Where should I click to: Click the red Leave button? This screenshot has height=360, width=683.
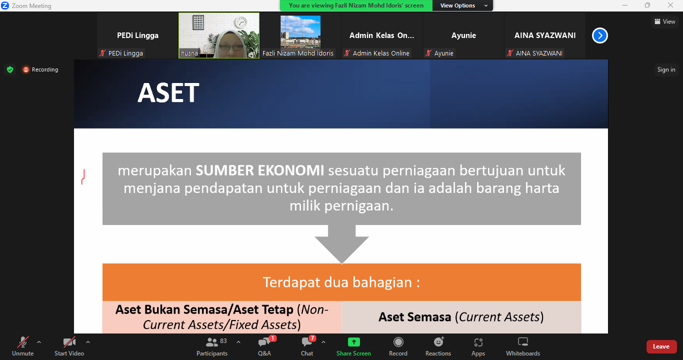[x=661, y=346]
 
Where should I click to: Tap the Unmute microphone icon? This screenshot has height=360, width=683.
[x=23, y=342]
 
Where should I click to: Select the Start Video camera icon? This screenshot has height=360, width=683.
[x=69, y=342]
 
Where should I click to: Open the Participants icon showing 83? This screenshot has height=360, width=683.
[x=211, y=342]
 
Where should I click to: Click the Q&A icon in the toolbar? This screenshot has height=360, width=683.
[x=264, y=342]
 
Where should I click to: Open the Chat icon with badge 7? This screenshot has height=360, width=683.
[x=306, y=342]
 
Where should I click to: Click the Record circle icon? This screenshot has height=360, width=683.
[x=398, y=342]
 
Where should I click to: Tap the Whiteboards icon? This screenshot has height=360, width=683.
[x=523, y=342]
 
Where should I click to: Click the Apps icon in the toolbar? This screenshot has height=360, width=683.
[x=478, y=342]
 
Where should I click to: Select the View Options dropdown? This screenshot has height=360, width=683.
[x=462, y=5]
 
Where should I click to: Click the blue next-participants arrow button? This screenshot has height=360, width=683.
[x=600, y=35]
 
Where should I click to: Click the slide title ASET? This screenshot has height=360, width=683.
[x=168, y=92]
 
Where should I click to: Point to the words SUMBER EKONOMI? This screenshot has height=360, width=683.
[x=260, y=170]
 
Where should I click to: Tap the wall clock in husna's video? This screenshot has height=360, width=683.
[x=241, y=22]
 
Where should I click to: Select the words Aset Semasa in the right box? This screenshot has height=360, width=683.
[x=414, y=317]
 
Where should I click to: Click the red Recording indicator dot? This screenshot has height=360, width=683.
[x=26, y=70]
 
